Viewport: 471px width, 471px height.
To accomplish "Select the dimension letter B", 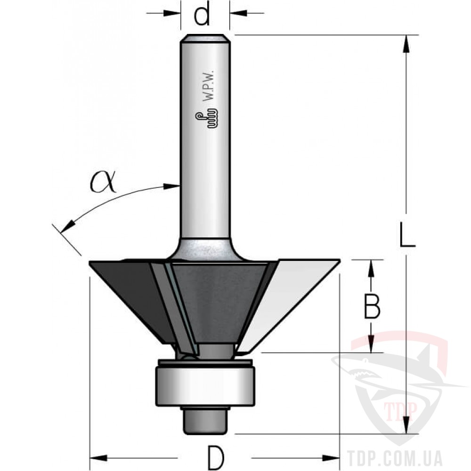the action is tap(372, 306).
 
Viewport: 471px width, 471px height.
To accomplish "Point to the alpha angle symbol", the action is tap(103, 182).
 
